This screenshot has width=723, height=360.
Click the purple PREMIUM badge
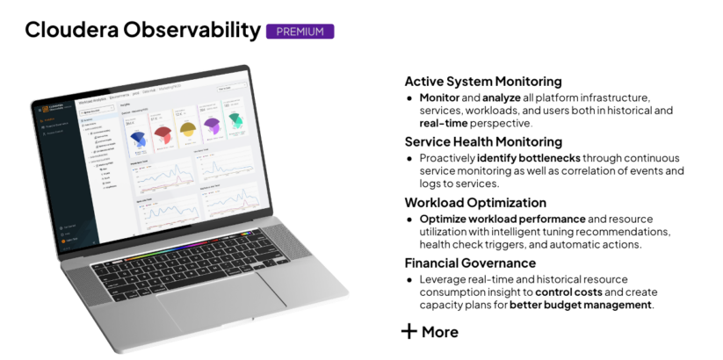[300, 32]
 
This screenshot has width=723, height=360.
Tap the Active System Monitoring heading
[483, 82]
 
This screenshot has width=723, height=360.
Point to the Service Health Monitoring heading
[483, 141]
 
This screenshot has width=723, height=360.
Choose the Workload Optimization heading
[475, 202]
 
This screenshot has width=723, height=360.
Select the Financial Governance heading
[470, 263]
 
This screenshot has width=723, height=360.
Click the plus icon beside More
[408, 331]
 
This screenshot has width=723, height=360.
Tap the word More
[440, 332]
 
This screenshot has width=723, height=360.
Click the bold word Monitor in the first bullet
[439, 97]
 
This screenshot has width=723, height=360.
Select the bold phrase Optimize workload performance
[502, 218]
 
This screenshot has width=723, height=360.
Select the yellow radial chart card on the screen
[186, 128]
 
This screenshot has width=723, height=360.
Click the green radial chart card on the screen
[235, 122]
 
